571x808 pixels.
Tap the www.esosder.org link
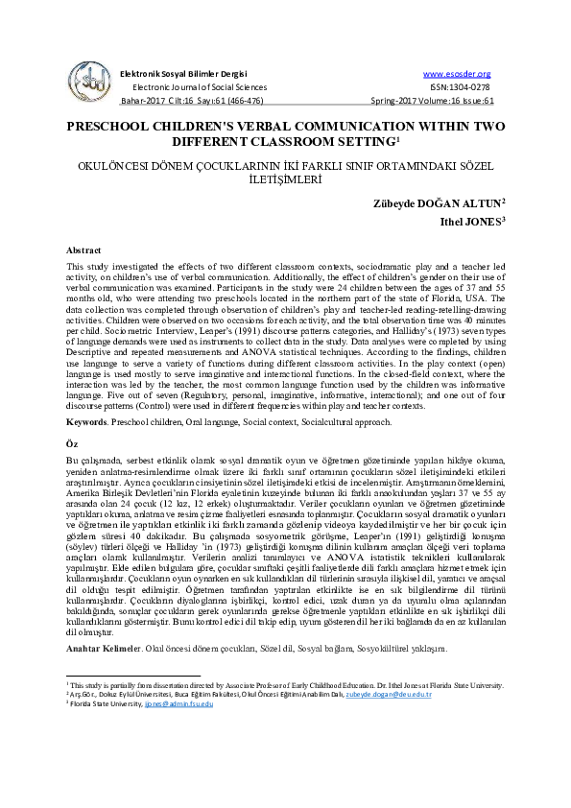pos(457,74)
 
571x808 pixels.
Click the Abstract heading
pos(83,250)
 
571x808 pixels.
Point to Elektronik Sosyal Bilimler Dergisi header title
pos(182,74)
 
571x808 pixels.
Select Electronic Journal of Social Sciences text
pos(199,86)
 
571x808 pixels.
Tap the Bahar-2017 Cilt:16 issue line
pos(185,100)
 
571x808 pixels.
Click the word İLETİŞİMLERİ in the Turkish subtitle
pos(285,178)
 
